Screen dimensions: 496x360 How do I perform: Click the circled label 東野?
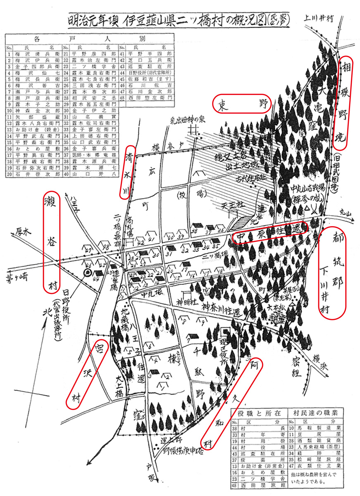tap(242, 104)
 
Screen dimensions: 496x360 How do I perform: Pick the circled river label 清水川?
tap(130, 172)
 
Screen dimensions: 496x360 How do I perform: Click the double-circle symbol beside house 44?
tap(88, 272)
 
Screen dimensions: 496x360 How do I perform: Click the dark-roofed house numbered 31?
tap(169, 250)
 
